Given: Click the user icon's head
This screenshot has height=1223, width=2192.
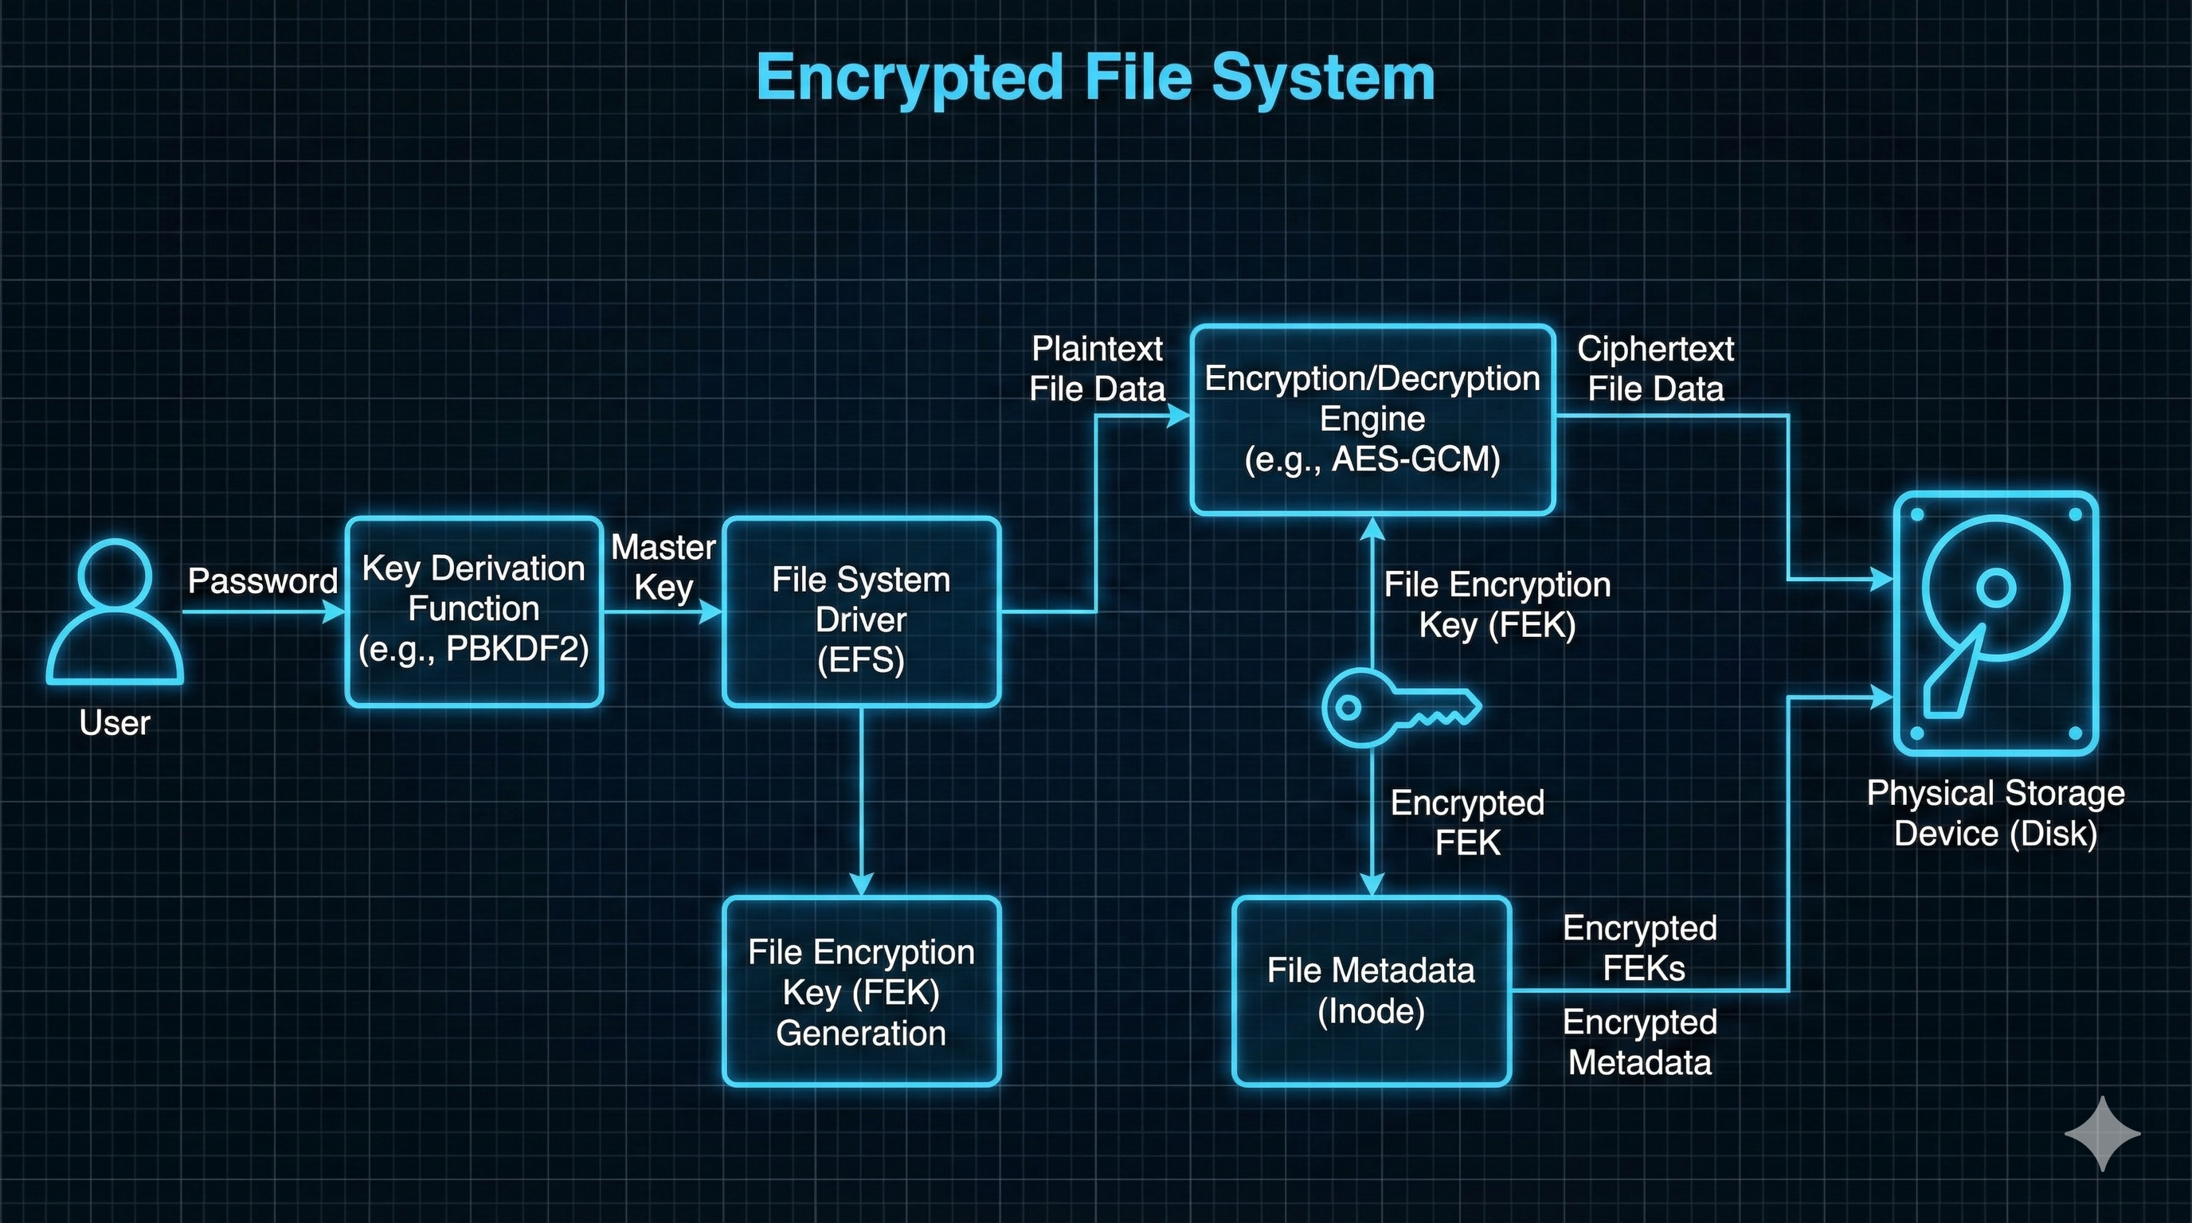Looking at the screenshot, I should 114,576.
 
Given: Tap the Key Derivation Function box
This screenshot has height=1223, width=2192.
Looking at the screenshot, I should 474,610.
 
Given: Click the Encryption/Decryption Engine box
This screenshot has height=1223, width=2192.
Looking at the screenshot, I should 1372,419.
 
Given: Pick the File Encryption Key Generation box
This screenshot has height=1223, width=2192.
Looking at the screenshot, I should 860,991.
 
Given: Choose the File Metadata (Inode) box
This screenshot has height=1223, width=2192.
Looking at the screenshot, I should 1371,990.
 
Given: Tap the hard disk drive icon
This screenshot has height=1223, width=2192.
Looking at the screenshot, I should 1994,623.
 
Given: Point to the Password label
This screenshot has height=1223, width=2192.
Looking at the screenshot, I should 262,581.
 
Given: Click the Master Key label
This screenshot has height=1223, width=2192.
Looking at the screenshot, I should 663,567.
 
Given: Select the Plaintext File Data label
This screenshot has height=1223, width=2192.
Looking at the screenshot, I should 1096,369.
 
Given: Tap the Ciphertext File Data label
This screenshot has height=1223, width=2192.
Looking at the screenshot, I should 1655,369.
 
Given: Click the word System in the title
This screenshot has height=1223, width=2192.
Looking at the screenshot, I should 1322,78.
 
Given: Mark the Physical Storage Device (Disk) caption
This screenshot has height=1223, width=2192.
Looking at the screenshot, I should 1995,813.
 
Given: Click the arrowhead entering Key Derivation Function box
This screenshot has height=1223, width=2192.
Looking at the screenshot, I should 335,611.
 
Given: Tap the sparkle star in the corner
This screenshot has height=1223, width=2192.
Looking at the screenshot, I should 2102,1133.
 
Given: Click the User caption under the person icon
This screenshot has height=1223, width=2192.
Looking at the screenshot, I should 114,723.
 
